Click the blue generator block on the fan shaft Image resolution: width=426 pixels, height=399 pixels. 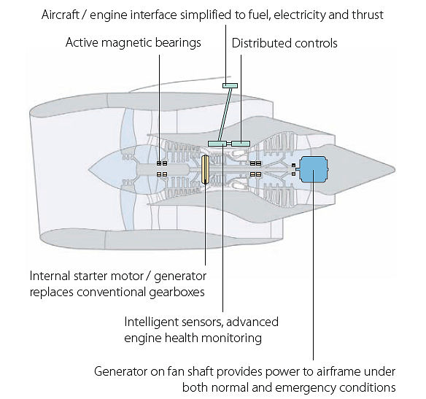tap(314, 169)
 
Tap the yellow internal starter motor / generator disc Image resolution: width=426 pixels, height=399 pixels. tap(205, 169)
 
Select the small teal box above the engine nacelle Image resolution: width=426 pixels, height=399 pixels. tap(230, 86)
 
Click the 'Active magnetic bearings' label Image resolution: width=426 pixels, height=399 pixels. tap(133, 42)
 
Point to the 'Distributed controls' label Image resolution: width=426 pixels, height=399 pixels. tap(284, 43)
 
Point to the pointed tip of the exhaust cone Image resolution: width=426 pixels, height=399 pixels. tap(395, 170)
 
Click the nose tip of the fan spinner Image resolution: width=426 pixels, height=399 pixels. tap(88, 170)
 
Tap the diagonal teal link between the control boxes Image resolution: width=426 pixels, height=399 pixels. tap(225, 115)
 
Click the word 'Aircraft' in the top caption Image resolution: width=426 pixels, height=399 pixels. tap(60, 15)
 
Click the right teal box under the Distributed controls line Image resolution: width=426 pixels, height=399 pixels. tap(241, 144)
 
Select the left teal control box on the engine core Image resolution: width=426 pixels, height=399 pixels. tap(217, 144)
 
